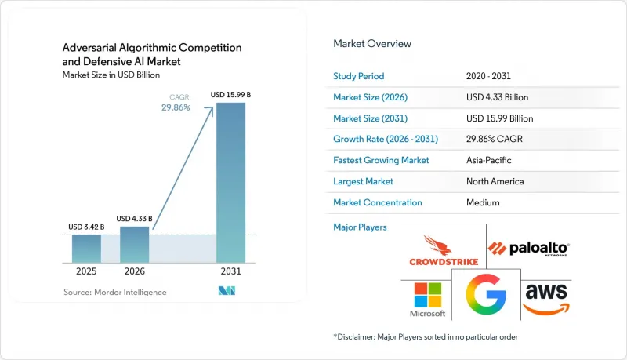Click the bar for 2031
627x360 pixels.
(x=230, y=183)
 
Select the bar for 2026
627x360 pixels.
(x=134, y=245)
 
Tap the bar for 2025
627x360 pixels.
(x=86, y=249)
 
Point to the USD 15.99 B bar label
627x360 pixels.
(x=230, y=95)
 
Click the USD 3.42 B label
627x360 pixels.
(x=86, y=227)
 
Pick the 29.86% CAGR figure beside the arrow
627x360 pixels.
(x=176, y=107)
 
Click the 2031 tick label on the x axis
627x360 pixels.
(x=230, y=271)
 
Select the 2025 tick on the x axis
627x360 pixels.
(x=86, y=271)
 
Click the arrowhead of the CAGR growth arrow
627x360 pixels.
(x=211, y=109)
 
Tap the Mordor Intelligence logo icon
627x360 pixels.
(x=227, y=291)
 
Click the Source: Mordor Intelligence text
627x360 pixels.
(x=115, y=292)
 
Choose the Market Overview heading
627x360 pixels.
(x=372, y=44)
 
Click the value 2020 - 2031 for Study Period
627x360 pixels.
(x=488, y=76)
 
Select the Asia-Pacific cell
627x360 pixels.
(x=488, y=160)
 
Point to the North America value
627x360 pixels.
(x=495, y=181)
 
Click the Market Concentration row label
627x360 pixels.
(x=378, y=202)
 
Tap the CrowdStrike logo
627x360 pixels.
(x=444, y=251)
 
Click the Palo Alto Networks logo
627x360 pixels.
(x=528, y=249)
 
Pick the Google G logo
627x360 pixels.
(x=486, y=294)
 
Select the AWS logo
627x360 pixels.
(x=546, y=299)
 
